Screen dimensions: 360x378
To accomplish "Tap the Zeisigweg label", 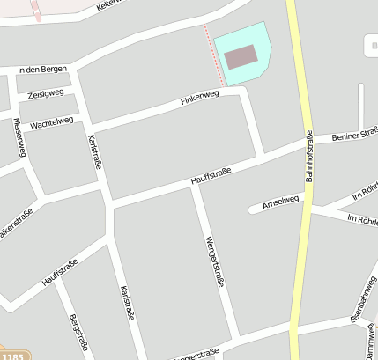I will [46, 94].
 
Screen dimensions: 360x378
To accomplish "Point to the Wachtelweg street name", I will [51, 121].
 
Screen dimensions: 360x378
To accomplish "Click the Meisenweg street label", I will [19, 137].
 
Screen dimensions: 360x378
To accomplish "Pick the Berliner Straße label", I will [355, 135].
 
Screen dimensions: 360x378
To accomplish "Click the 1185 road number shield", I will [12, 356].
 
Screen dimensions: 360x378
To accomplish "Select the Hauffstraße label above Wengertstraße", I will [211, 176].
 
